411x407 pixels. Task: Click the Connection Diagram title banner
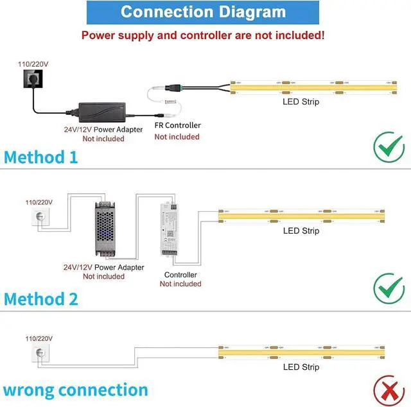(x=203, y=12)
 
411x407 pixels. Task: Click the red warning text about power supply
(x=203, y=35)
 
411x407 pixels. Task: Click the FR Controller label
(x=177, y=125)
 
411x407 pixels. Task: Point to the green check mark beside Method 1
(x=388, y=148)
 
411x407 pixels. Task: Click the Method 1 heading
(x=40, y=157)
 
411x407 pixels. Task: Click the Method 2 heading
(x=41, y=299)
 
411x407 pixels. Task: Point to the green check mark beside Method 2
(x=388, y=288)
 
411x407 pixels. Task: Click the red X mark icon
(x=388, y=390)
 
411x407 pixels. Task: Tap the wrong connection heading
(x=75, y=390)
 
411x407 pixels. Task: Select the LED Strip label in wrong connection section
(x=301, y=367)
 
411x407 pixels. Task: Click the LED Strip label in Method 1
(x=301, y=101)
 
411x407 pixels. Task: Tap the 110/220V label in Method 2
(x=39, y=202)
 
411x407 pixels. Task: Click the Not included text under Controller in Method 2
(x=180, y=284)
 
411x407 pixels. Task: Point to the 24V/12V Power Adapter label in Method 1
(x=103, y=129)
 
